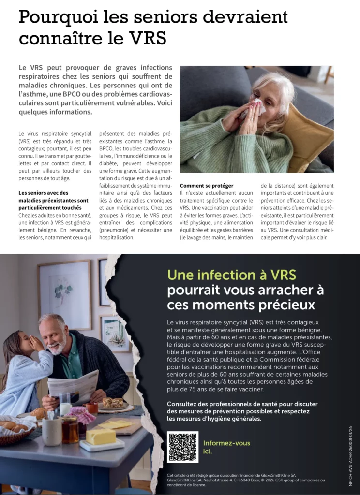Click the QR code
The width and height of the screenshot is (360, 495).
pyautogui.click(x=182, y=447)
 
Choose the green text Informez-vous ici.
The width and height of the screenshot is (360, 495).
pyautogui.click(x=226, y=447)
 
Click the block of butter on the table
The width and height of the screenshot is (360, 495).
pyautogui.click(x=101, y=436)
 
